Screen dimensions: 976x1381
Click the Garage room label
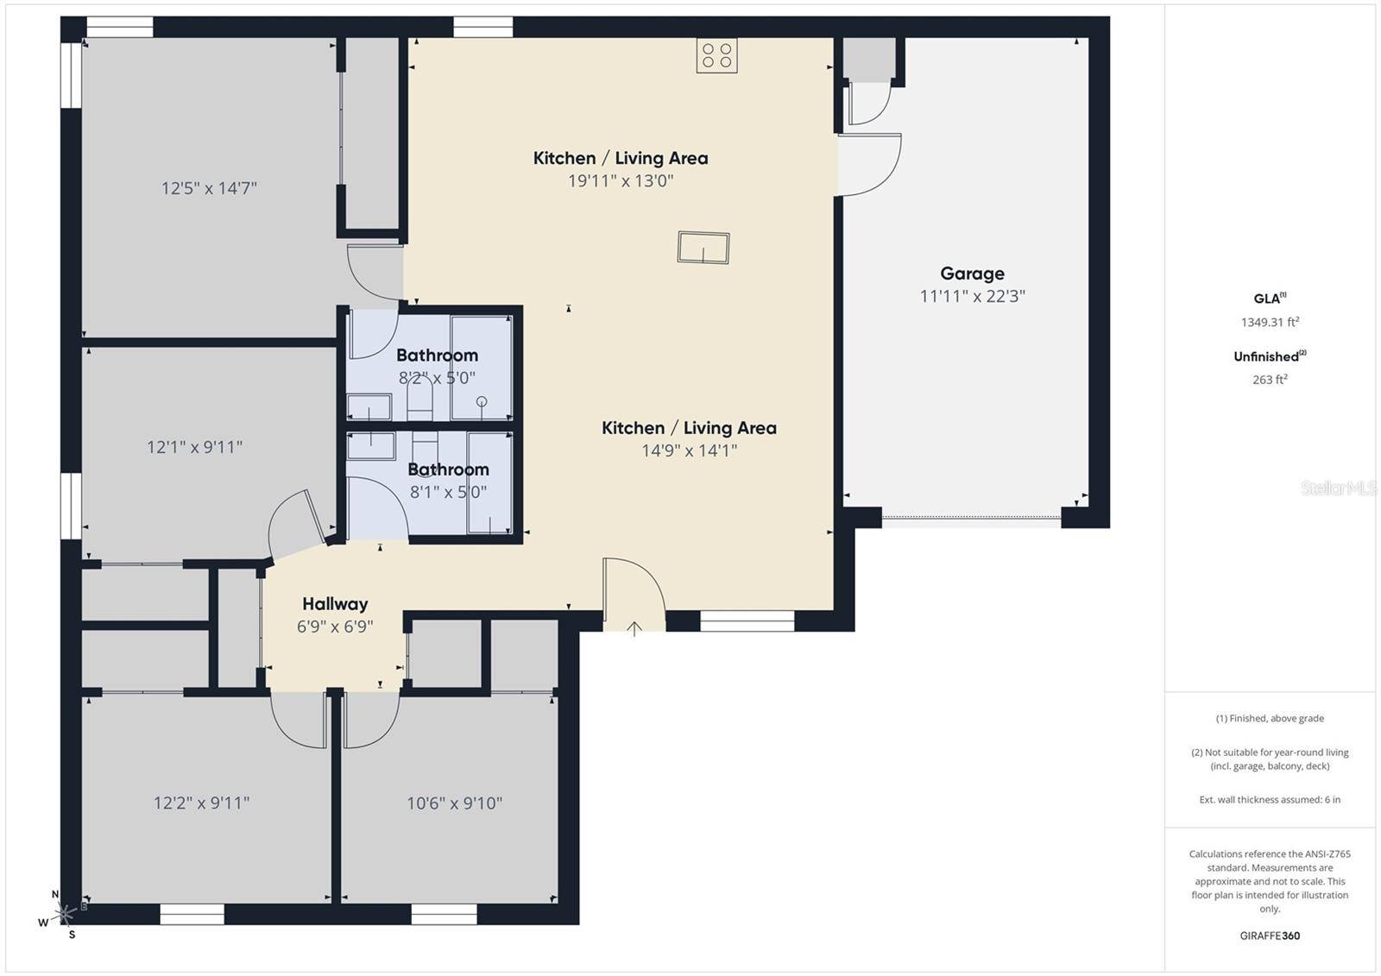point(972,274)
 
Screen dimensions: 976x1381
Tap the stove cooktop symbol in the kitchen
point(717,56)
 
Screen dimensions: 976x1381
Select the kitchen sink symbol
point(703,248)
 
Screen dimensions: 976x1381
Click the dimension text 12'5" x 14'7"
point(209,188)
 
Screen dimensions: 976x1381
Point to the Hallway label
point(335,604)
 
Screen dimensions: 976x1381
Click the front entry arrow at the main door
point(634,628)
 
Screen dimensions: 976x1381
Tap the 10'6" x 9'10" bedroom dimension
point(454,803)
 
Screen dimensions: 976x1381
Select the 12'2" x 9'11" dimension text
point(201,803)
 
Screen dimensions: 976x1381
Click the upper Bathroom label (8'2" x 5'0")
point(437,356)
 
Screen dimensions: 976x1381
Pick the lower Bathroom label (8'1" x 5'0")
point(448,469)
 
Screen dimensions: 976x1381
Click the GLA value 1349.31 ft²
point(1270,322)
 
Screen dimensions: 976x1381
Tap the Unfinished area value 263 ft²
point(1270,380)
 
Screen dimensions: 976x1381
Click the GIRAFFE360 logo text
point(1270,935)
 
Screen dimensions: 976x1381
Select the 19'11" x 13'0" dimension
point(620,181)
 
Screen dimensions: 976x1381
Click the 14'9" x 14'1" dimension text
point(689,450)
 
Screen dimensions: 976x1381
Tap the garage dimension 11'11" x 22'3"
point(972,296)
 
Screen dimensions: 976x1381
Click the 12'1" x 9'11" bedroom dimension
point(194,447)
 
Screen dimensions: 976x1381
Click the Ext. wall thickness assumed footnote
point(1270,800)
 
